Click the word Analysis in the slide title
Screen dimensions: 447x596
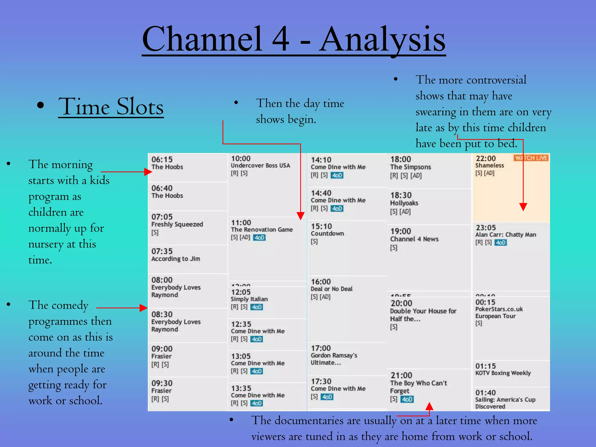tap(382, 39)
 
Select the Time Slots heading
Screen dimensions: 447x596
tap(111, 107)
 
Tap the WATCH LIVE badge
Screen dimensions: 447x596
tap(531, 158)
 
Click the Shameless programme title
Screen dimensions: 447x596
tap(489, 165)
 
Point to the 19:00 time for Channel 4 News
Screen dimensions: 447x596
tap(401, 231)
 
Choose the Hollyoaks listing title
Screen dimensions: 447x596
tap(404, 203)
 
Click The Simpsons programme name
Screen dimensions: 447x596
tap(410, 167)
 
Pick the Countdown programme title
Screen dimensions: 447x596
tap(327, 233)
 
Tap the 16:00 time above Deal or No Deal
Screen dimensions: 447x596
tap(321, 282)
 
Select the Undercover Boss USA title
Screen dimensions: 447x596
tap(260, 166)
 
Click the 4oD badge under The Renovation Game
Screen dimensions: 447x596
tap(259, 238)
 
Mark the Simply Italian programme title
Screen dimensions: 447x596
tap(249, 299)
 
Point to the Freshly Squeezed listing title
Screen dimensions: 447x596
tap(177, 224)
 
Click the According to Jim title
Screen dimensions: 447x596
tap(175, 259)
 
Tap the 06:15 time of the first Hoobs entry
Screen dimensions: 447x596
tap(162, 159)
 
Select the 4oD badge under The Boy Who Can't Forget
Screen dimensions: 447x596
tap(407, 399)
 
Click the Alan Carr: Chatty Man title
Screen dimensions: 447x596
tap(505, 235)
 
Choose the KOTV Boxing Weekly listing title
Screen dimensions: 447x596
tap(503, 373)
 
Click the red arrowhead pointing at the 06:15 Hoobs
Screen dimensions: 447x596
tap(148, 172)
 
